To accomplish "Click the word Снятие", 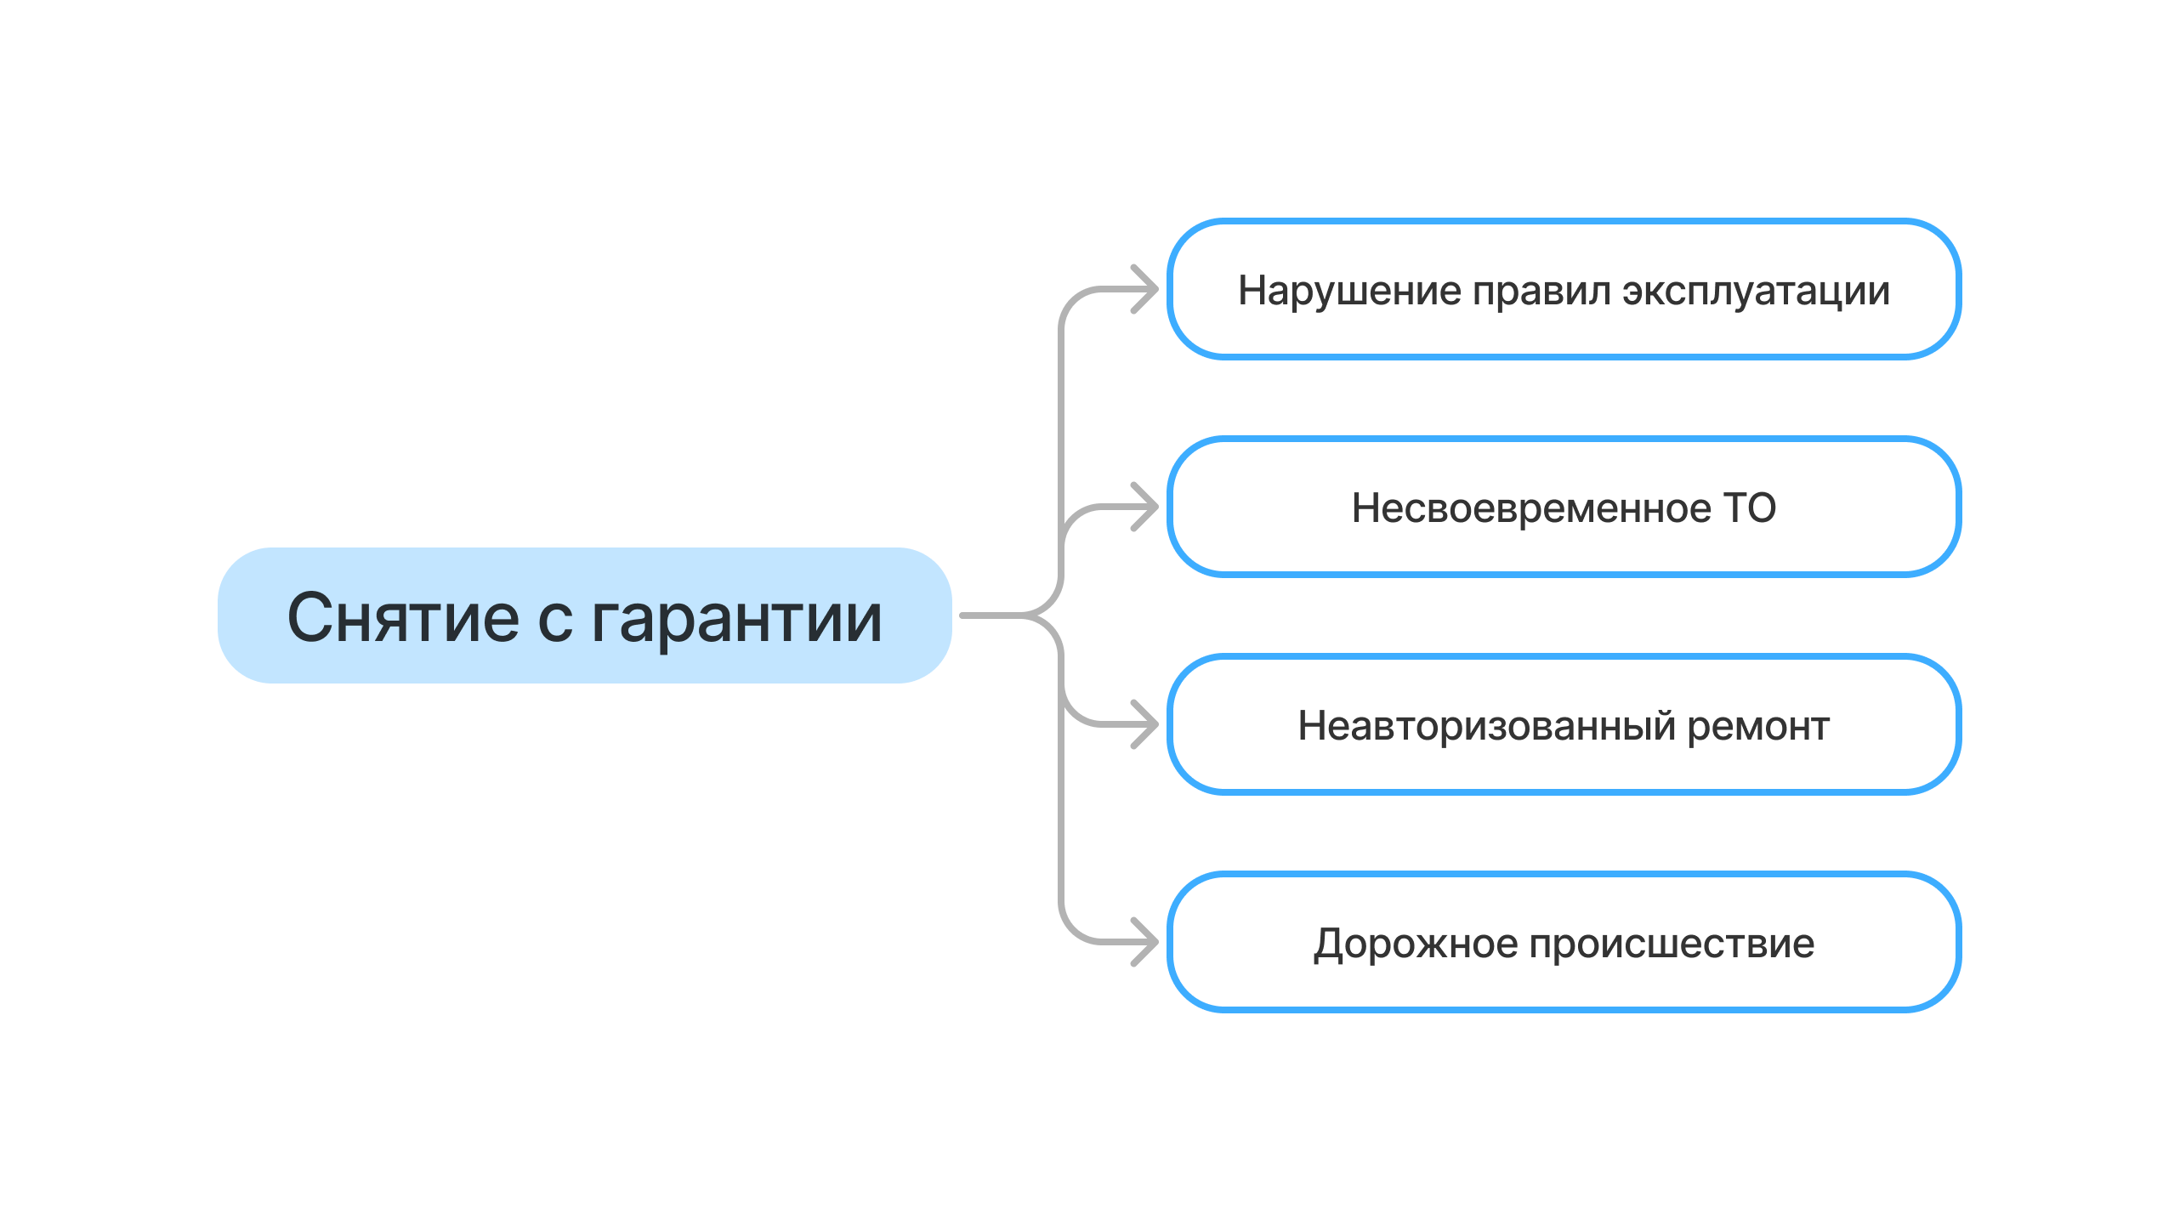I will pos(402,618).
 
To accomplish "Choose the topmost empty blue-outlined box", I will pos(1564,289).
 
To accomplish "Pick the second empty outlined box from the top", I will pos(1564,507).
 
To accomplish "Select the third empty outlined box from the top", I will pos(1564,724).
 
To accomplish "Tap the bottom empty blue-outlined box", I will pos(1564,942).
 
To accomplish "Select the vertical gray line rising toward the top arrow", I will pos(1061,408).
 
